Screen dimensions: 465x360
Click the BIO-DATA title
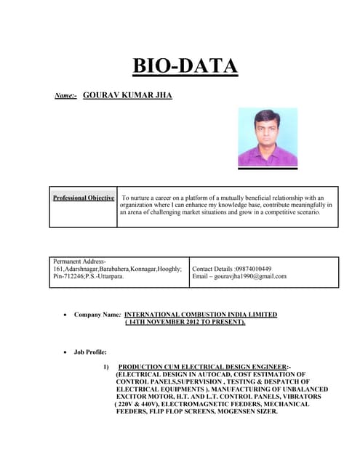pyautogui.click(x=185, y=66)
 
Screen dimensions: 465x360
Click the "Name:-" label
pyautogui.click(x=66, y=96)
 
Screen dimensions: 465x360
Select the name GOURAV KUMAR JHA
pyautogui.click(x=127, y=95)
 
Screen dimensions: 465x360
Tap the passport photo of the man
pyautogui.click(x=268, y=137)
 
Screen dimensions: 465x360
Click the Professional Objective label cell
pyautogui.click(x=84, y=198)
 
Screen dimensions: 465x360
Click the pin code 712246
pyautogui.click(x=76, y=276)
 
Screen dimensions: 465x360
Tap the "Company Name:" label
pyautogui.click(x=97, y=315)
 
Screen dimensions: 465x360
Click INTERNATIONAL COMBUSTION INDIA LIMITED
pyautogui.click(x=201, y=315)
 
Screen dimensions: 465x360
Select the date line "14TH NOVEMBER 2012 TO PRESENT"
pyautogui.click(x=185, y=321)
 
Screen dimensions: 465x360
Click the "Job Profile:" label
pyautogui.click(x=90, y=351)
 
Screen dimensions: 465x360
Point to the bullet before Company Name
pyautogui.click(x=66, y=315)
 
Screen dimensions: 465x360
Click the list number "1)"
pyautogui.click(x=106, y=366)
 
